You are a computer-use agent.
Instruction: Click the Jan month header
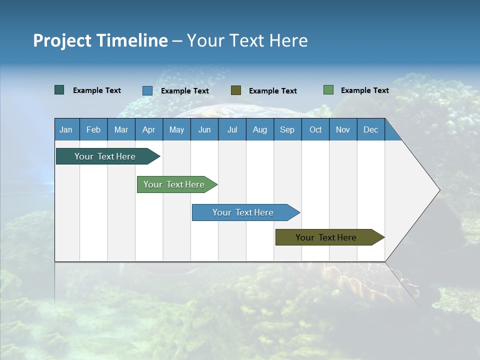pos(66,129)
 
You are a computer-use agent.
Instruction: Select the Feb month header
pos(93,129)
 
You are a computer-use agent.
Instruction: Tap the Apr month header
pos(148,129)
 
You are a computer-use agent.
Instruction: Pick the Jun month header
pos(204,129)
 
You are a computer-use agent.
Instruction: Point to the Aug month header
pos(259,129)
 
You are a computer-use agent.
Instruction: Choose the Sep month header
pos(287,129)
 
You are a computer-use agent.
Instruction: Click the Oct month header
pos(315,129)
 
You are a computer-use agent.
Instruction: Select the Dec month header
pos(370,129)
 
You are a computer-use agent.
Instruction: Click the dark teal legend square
pos(59,90)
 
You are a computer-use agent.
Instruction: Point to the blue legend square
pos(147,90)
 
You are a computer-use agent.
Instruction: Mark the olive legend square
pos(236,90)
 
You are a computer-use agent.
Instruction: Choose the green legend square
pos(328,90)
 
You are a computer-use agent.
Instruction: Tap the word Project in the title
pos(62,40)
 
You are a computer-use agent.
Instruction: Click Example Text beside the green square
pos(364,90)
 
